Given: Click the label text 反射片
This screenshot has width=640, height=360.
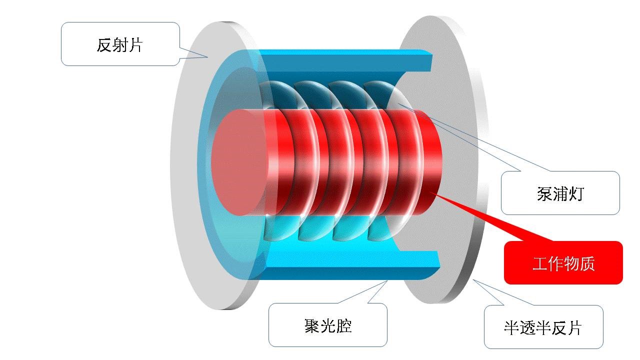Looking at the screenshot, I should click(x=119, y=45).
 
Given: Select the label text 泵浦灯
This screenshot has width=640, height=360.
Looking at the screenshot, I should click(x=560, y=193).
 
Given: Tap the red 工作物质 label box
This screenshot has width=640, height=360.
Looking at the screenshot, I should click(x=563, y=263).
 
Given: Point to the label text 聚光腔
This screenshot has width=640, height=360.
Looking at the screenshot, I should click(x=327, y=326).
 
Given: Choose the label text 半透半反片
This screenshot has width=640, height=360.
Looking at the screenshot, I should click(x=543, y=328).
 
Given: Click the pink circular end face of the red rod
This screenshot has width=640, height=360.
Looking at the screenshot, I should click(x=239, y=162).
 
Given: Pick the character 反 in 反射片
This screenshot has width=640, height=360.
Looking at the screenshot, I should click(x=104, y=45).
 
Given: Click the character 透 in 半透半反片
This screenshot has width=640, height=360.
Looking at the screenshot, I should click(x=527, y=328).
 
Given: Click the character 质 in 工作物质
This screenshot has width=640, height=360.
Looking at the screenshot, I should click(x=587, y=263).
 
